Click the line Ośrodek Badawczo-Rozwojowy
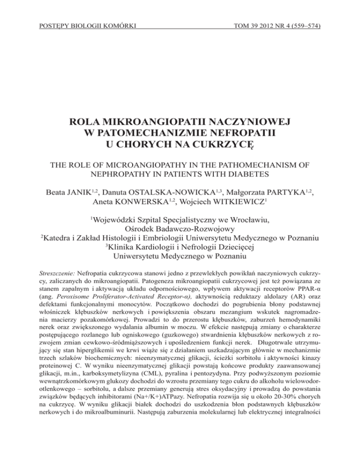[x=180, y=243]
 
